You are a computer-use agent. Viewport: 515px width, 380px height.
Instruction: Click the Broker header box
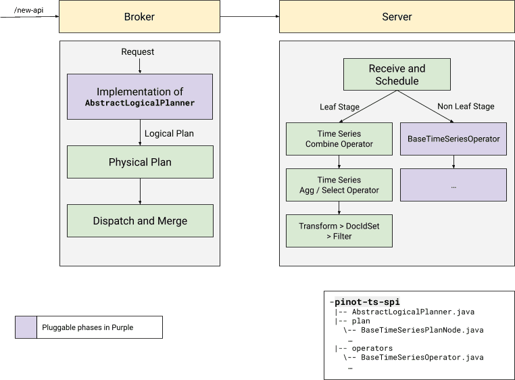(x=140, y=16)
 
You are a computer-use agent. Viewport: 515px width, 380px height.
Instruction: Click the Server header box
(x=397, y=16)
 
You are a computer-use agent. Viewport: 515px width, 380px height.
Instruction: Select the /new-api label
(x=28, y=10)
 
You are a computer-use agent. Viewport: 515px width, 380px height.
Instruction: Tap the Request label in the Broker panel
(x=138, y=52)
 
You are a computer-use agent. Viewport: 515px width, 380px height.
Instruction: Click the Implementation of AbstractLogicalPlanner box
(x=140, y=97)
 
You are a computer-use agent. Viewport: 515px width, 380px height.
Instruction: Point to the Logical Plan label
(x=169, y=133)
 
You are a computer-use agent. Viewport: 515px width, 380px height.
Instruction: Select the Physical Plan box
(x=140, y=162)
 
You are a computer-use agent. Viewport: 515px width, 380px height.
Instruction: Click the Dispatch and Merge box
(x=140, y=220)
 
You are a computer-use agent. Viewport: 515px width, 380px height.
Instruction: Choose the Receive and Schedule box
(x=397, y=74)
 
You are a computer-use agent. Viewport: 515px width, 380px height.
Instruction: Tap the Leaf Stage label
(x=339, y=106)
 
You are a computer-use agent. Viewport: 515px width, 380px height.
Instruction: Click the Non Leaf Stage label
(x=466, y=106)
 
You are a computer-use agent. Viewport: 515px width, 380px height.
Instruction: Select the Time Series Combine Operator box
(x=339, y=139)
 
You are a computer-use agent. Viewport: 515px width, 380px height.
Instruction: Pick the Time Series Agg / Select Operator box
(x=339, y=185)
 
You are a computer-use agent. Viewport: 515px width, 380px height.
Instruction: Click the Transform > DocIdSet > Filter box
(x=339, y=231)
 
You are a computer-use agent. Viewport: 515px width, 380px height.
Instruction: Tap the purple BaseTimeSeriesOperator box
(x=453, y=139)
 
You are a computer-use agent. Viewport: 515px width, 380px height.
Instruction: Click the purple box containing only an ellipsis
(x=453, y=185)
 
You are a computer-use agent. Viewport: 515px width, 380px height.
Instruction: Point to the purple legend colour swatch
(x=26, y=327)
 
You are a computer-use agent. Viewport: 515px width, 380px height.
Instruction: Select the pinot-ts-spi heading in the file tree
(x=368, y=302)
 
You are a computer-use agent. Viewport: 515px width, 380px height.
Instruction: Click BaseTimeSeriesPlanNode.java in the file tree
(x=422, y=331)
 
